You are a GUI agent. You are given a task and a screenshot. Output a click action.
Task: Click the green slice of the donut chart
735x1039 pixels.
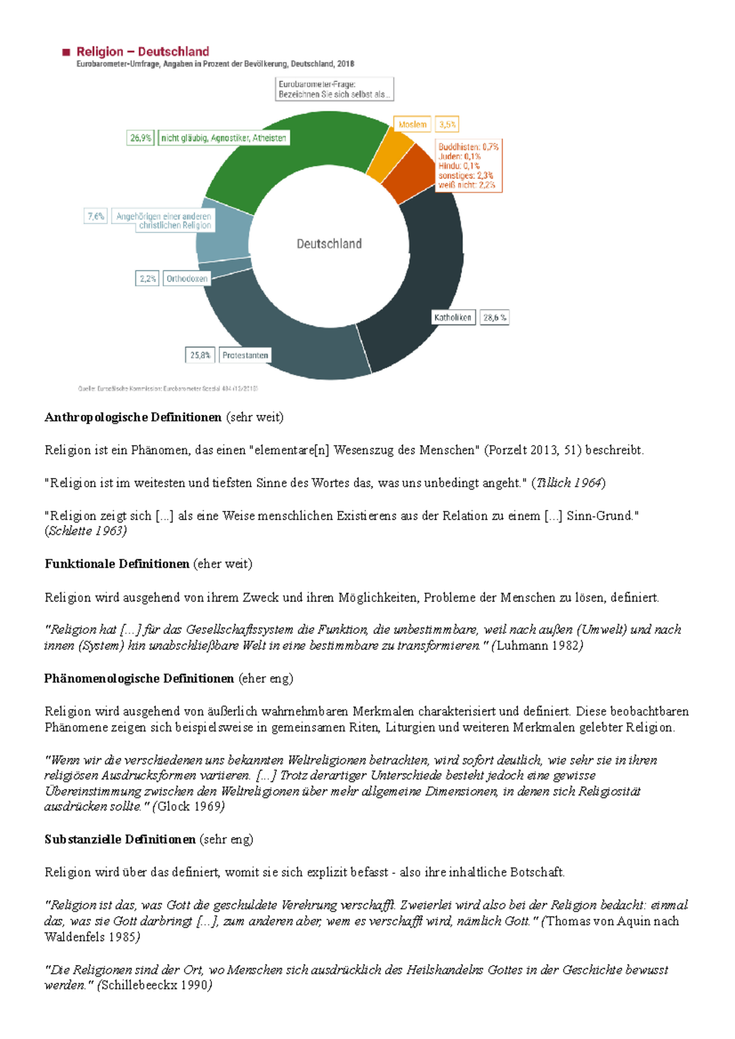click(x=288, y=156)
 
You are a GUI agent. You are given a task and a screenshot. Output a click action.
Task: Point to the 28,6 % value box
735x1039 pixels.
click(x=494, y=318)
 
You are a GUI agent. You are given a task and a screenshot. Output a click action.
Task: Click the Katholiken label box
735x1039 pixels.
click(x=453, y=318)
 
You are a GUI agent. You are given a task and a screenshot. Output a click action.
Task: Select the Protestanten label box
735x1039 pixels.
click(x=245, y=356)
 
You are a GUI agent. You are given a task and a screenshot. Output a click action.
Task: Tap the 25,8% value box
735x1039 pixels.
click(x=200, y=356)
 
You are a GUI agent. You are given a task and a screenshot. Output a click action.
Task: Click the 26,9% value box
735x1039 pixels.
click(x=140, y=138)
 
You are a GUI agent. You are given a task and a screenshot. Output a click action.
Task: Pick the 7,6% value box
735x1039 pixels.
click(x=96, y=217)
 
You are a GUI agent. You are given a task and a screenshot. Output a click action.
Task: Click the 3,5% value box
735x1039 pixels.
click(x=447, y=125)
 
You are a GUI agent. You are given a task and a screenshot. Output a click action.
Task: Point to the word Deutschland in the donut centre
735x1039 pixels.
click(x=329, y=244)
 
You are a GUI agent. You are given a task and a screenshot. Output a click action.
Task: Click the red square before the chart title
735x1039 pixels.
click(x=66, y=53)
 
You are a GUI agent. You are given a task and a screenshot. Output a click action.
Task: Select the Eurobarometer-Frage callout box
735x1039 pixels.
click(x=334, y=89)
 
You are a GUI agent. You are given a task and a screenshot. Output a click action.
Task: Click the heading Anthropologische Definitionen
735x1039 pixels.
click(x=133, y=417)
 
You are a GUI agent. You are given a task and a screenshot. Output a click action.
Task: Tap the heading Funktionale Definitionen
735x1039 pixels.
click(x=117, y=564)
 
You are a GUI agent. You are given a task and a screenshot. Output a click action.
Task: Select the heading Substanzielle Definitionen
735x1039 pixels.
click(x=120, y=840)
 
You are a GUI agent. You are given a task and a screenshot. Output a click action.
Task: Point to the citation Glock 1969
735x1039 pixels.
click(x=189, y=806)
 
